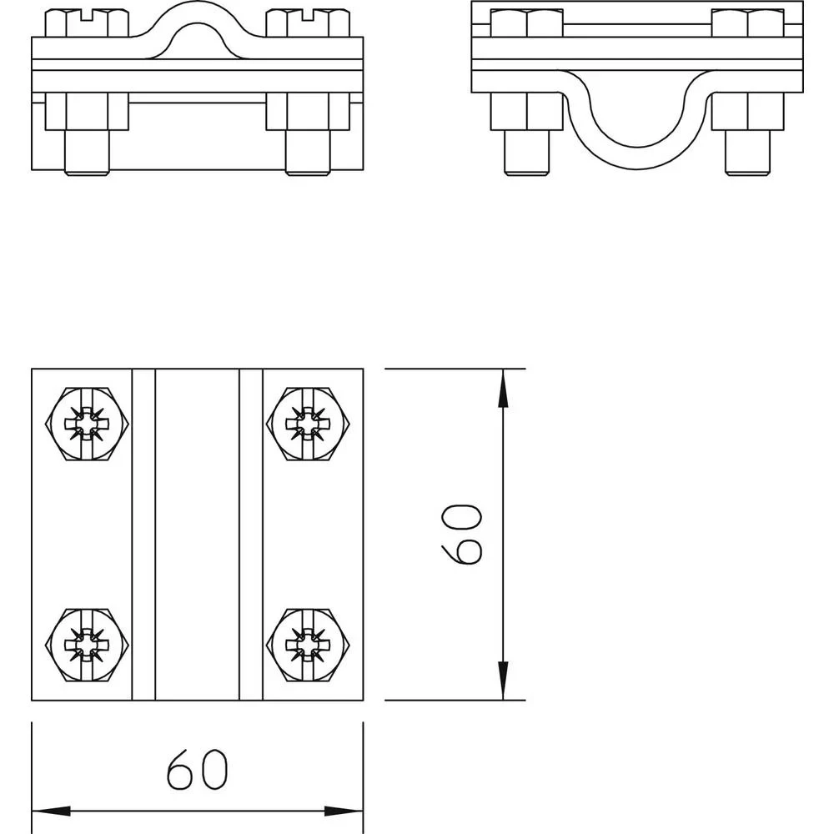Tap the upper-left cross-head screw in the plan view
[88, 424]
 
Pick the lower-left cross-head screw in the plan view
[88, 645]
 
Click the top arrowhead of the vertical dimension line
[503, 388]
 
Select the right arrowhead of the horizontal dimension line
[344, 811]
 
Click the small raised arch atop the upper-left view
[197, 25]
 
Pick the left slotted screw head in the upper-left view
[87, 23]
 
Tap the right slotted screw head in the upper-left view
[306, 23]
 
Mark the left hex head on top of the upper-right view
[525, 23]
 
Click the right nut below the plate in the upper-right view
[748, 111]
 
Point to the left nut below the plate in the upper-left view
[87, 111]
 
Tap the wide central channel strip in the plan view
[197, 534]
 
